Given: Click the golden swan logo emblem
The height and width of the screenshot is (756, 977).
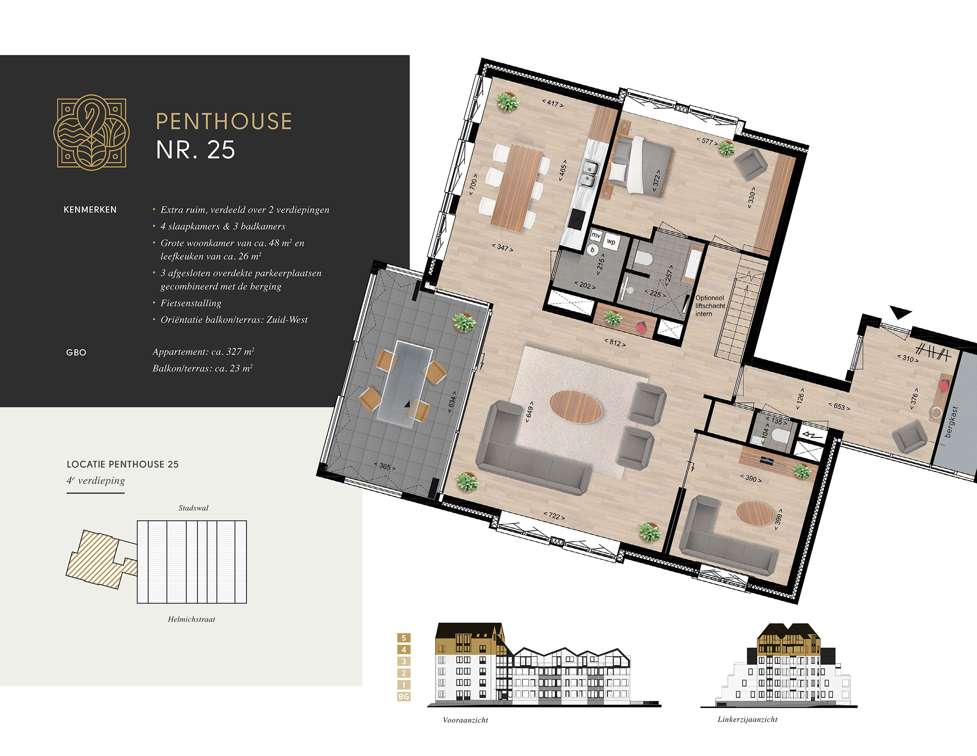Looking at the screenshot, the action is click(x=91, y=132).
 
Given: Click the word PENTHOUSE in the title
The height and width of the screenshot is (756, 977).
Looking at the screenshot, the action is click(x=224, y=122).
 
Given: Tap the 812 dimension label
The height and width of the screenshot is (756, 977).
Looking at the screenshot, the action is click(x=615, y=343).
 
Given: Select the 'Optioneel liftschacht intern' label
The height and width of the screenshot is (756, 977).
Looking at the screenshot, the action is click(x=710, y=306).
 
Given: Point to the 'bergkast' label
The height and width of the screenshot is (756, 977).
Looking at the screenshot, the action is click(x=951, y=421).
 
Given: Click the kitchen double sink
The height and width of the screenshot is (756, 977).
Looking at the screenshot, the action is click(x=589, y=174).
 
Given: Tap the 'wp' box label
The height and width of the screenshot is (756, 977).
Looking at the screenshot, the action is click(x=611, y=242).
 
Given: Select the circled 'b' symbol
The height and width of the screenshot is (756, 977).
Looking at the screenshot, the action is click(x=593, y=250).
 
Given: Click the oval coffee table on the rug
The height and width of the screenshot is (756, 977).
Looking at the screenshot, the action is click(x=575, y=406).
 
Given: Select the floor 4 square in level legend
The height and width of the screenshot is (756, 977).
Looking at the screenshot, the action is click(x=403, y=650).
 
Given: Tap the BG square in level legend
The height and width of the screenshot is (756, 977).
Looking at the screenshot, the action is click(x=403, y=696).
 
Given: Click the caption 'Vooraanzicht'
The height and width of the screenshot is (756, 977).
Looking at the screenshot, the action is click(x=465, y=720).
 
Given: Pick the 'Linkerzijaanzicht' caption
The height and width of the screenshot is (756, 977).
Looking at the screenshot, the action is click(x=748, y=719).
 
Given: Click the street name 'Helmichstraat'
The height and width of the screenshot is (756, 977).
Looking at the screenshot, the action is click(x=192, y=619).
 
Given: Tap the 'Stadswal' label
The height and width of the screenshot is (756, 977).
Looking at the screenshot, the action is click(x=193, y=508).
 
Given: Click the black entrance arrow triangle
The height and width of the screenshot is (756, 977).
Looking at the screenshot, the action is click(x=900, y=312).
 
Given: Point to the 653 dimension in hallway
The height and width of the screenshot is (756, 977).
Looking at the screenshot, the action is click(x=839, y=406).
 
